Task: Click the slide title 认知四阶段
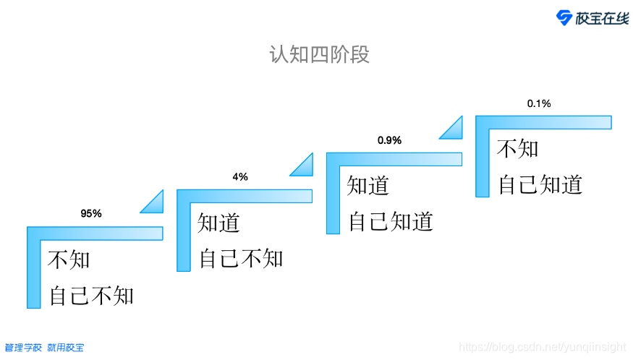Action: pyautogui.click(x=319, y=55)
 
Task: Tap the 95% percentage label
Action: pyautogui.click(x=91, y=213)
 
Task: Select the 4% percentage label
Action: pyautogui.click(x=240, y=177)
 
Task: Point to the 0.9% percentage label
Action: pyautogui.click(x=389, y=140)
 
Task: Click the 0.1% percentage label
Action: pyautogui.click(x=539, y=103)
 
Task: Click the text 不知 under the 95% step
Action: pyautogui.click(x=69, y=259)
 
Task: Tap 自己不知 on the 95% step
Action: pyautogui.click(x=92, y=295)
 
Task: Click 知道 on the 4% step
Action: pyautogui.click(x=219, y=222)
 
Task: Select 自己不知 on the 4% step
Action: pyautogui.click(x=242, y=258)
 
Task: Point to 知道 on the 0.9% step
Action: pyautogui.click(x=368, y=185)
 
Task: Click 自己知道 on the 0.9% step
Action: pyautogui.click(x=391, y=221)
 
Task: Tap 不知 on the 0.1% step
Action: pyautogui.click(x=518, y=148)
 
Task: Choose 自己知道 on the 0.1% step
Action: pyautogui.click(x=540, y=184)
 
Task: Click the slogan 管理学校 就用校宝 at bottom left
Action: pyautogui.click(x=44, y=348)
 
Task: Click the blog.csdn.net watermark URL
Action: pyautogui.click(x=544, y=347)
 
